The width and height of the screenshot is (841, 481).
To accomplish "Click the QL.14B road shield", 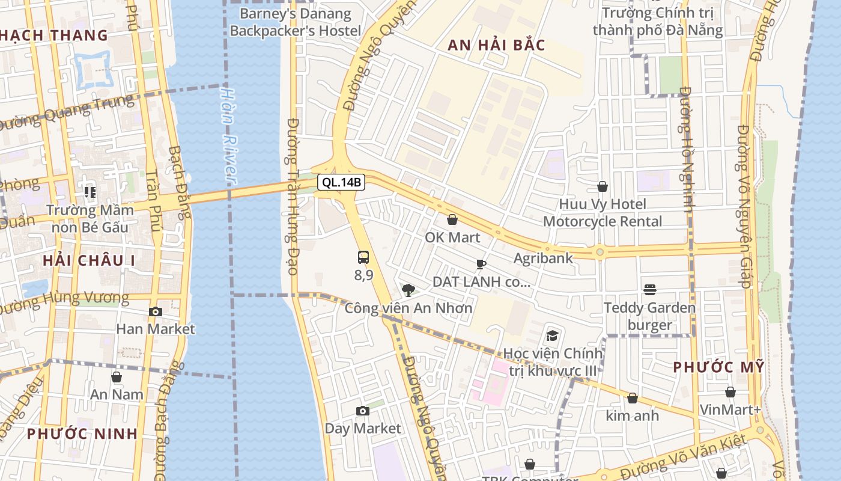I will click(341, 182).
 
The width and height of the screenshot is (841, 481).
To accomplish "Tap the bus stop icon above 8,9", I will click(363, 257).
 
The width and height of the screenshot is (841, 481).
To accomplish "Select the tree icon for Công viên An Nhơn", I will click(408, 290).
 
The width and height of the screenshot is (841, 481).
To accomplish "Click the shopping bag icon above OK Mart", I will click(452, 219).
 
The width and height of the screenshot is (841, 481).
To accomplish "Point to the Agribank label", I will click(543, 258).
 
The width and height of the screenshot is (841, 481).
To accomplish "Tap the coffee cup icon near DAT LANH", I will click(481, 264).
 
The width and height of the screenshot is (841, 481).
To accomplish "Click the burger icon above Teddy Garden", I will click(649, 290).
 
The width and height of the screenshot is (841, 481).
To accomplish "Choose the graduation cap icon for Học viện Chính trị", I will click(552, 335).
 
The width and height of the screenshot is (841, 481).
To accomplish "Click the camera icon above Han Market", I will click(156, 311).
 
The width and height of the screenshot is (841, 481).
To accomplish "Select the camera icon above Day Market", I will click(363, 411).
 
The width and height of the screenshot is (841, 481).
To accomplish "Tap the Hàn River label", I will click(228, 136).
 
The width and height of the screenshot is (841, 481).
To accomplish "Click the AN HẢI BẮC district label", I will click(496, 45).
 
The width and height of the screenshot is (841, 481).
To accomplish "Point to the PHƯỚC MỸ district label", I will click(718, 367).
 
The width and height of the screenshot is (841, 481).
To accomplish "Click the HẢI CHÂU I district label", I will click(89, 260).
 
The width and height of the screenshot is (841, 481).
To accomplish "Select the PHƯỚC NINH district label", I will click(82, 434).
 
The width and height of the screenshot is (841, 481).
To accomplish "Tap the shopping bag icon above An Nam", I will click(117, 377).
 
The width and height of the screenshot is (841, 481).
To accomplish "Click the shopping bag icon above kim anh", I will click(632, 398).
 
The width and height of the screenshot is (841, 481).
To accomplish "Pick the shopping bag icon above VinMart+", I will click(730, 392).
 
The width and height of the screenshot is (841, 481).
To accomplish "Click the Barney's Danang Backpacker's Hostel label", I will click(296, 22).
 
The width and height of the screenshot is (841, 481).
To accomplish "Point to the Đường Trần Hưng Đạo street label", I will click(293, 196).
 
